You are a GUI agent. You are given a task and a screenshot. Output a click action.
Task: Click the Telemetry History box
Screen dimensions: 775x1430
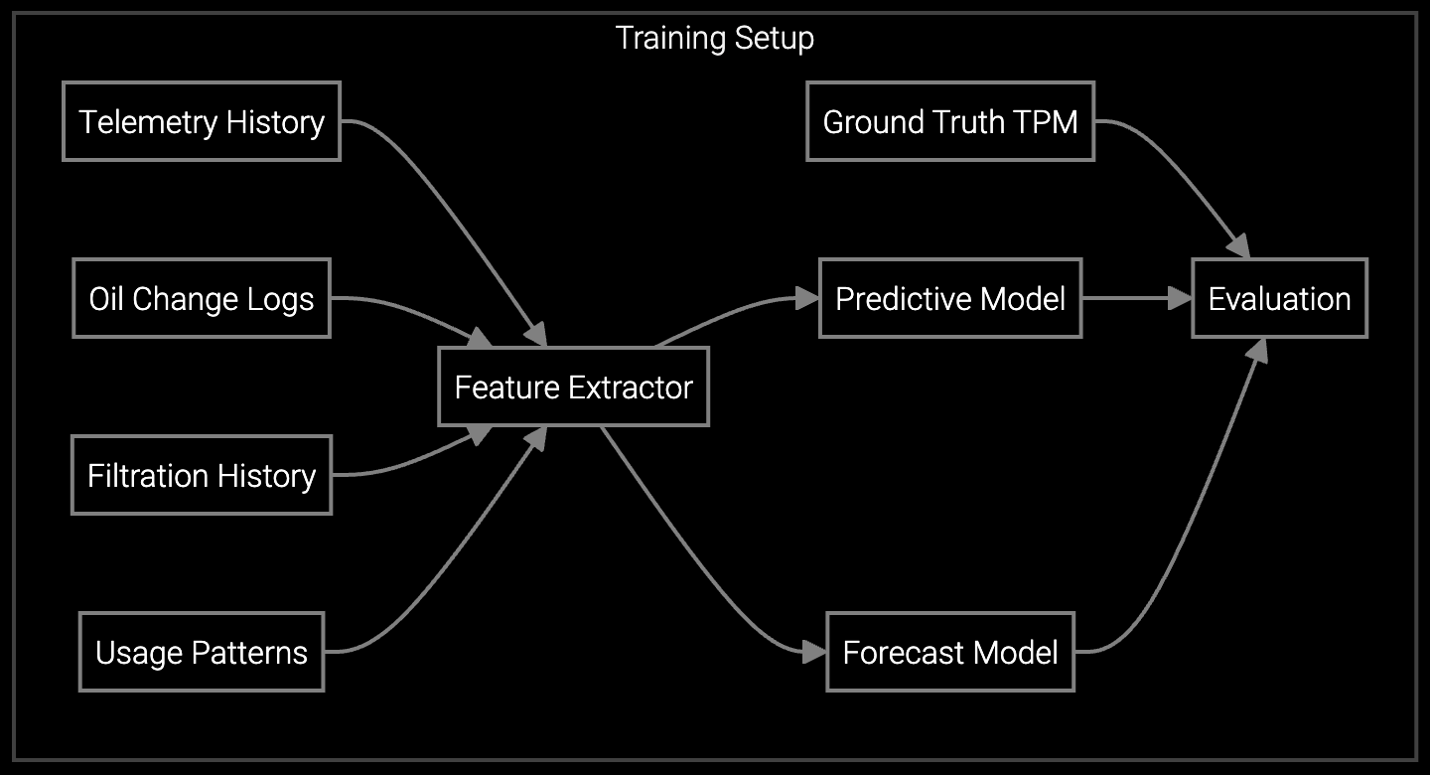click(202, 121)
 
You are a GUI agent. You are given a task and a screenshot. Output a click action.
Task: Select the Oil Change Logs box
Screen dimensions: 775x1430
click(202, 298)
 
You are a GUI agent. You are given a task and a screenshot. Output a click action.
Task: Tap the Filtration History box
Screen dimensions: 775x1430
click(202, 475)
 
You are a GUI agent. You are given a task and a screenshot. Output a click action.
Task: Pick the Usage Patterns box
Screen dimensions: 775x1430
click(202, 652)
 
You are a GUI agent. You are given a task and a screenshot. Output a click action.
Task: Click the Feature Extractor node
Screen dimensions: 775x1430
click(573, 387)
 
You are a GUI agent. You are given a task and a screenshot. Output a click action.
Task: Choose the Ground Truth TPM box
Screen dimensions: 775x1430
click(950, 121)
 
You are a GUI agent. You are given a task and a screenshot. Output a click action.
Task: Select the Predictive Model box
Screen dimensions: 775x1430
click(950, 298)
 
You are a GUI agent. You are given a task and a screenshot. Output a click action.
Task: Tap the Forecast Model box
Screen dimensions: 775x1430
click(950, 652)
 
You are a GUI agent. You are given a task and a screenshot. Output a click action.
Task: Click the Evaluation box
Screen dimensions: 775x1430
click(1279, 298)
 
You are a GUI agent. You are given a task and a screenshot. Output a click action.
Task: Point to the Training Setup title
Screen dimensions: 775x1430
click(715, 38)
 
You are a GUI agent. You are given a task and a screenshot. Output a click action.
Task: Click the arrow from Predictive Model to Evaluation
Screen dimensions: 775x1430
click(1137, 298)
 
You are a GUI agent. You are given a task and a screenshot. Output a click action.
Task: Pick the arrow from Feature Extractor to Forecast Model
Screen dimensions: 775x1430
click(695, 556)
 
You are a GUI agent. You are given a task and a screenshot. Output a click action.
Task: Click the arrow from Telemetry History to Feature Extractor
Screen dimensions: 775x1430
click(447, 219)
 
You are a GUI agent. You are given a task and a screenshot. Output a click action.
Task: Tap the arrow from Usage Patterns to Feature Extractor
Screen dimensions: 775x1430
click(447, 556)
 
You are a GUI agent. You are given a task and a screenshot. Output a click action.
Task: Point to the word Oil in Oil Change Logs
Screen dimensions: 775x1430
click(107, 298)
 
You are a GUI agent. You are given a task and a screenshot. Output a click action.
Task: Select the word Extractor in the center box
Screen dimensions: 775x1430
click(635, 387)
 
